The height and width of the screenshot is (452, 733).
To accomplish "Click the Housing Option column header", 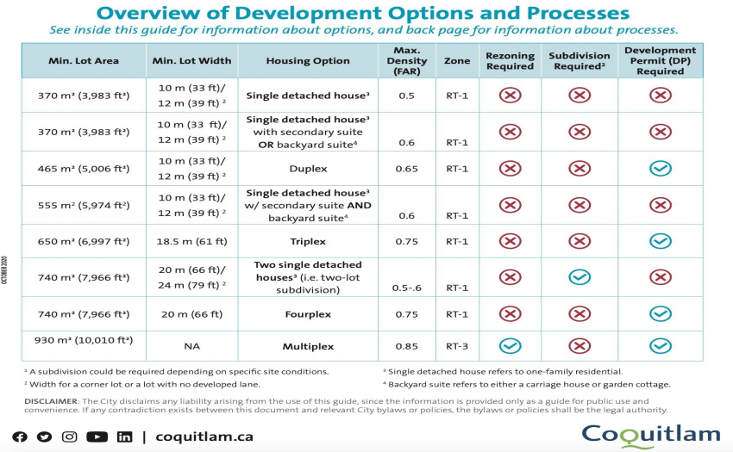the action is (308, 61).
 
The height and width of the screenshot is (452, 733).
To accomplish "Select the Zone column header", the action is (457, 61).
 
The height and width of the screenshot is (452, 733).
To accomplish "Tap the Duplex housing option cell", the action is (308, 169).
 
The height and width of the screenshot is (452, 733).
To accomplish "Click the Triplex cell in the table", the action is (308, 241).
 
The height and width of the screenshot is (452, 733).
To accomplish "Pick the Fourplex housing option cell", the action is (308, 314).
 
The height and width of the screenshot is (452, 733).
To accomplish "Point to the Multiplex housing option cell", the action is (308, 346).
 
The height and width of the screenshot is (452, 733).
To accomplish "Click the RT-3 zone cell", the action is (457, 346).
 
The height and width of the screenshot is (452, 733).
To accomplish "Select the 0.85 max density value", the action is (406, 346).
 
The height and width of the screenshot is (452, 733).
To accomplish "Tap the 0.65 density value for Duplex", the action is (406, 169).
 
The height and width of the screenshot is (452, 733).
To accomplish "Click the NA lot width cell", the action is (191, 346).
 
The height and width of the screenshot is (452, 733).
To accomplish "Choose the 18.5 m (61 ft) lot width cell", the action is (191, 241).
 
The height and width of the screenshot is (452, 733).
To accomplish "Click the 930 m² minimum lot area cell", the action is (83, 340).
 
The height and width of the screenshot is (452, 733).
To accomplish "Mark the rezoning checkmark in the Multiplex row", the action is (510, 346).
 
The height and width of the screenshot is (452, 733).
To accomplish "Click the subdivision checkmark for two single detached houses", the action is (580, 277).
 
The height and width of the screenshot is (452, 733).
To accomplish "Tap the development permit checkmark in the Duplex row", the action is (660, 169).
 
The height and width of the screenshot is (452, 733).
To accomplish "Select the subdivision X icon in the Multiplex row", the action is (580, 346).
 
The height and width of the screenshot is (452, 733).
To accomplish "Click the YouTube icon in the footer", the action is (97, 437).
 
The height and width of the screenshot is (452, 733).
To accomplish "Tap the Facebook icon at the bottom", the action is (20, 437).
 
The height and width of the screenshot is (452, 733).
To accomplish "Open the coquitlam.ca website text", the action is (204, 437).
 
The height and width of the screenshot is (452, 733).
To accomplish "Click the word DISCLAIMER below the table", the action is (51, 401).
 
